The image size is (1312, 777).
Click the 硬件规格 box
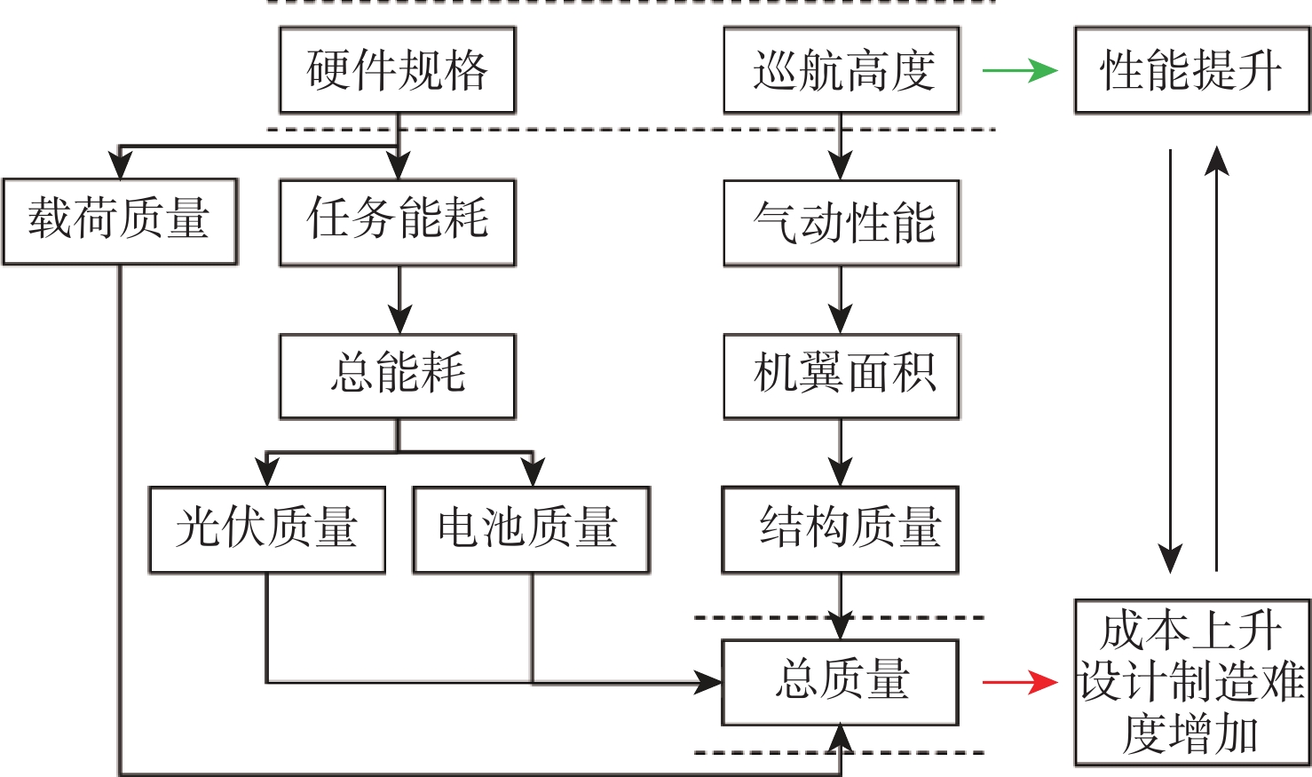(397, 70)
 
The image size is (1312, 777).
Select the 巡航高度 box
(841, 70)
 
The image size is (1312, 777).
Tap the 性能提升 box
(1191, 70)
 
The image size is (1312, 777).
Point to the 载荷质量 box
(120, 221)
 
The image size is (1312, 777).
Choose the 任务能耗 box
(397, 222)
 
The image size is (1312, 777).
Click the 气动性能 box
(841, 222)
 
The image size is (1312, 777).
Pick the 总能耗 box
(397, 376)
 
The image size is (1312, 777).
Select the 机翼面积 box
(841, 376)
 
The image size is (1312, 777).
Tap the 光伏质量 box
(266, 529)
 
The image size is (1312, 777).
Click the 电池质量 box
(531, 529)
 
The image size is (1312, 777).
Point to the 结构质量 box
(840, 529)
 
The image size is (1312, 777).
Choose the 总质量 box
(840, 682)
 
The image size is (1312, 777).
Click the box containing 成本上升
(1191, 682)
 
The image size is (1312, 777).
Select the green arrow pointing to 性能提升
(1019, 70)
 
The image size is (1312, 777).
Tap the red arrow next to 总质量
(1019, 682)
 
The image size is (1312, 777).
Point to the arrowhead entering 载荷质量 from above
(120, 166)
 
